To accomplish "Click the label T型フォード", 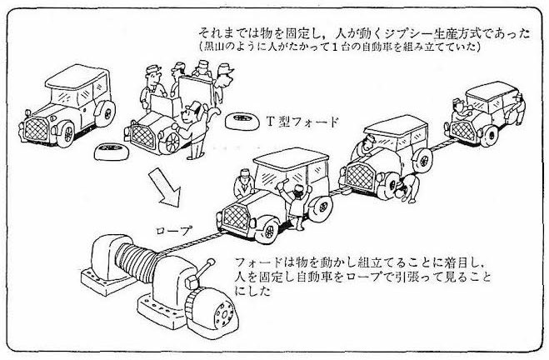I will (x=304, y=122).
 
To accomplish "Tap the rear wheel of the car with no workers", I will (x=106, y=113).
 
